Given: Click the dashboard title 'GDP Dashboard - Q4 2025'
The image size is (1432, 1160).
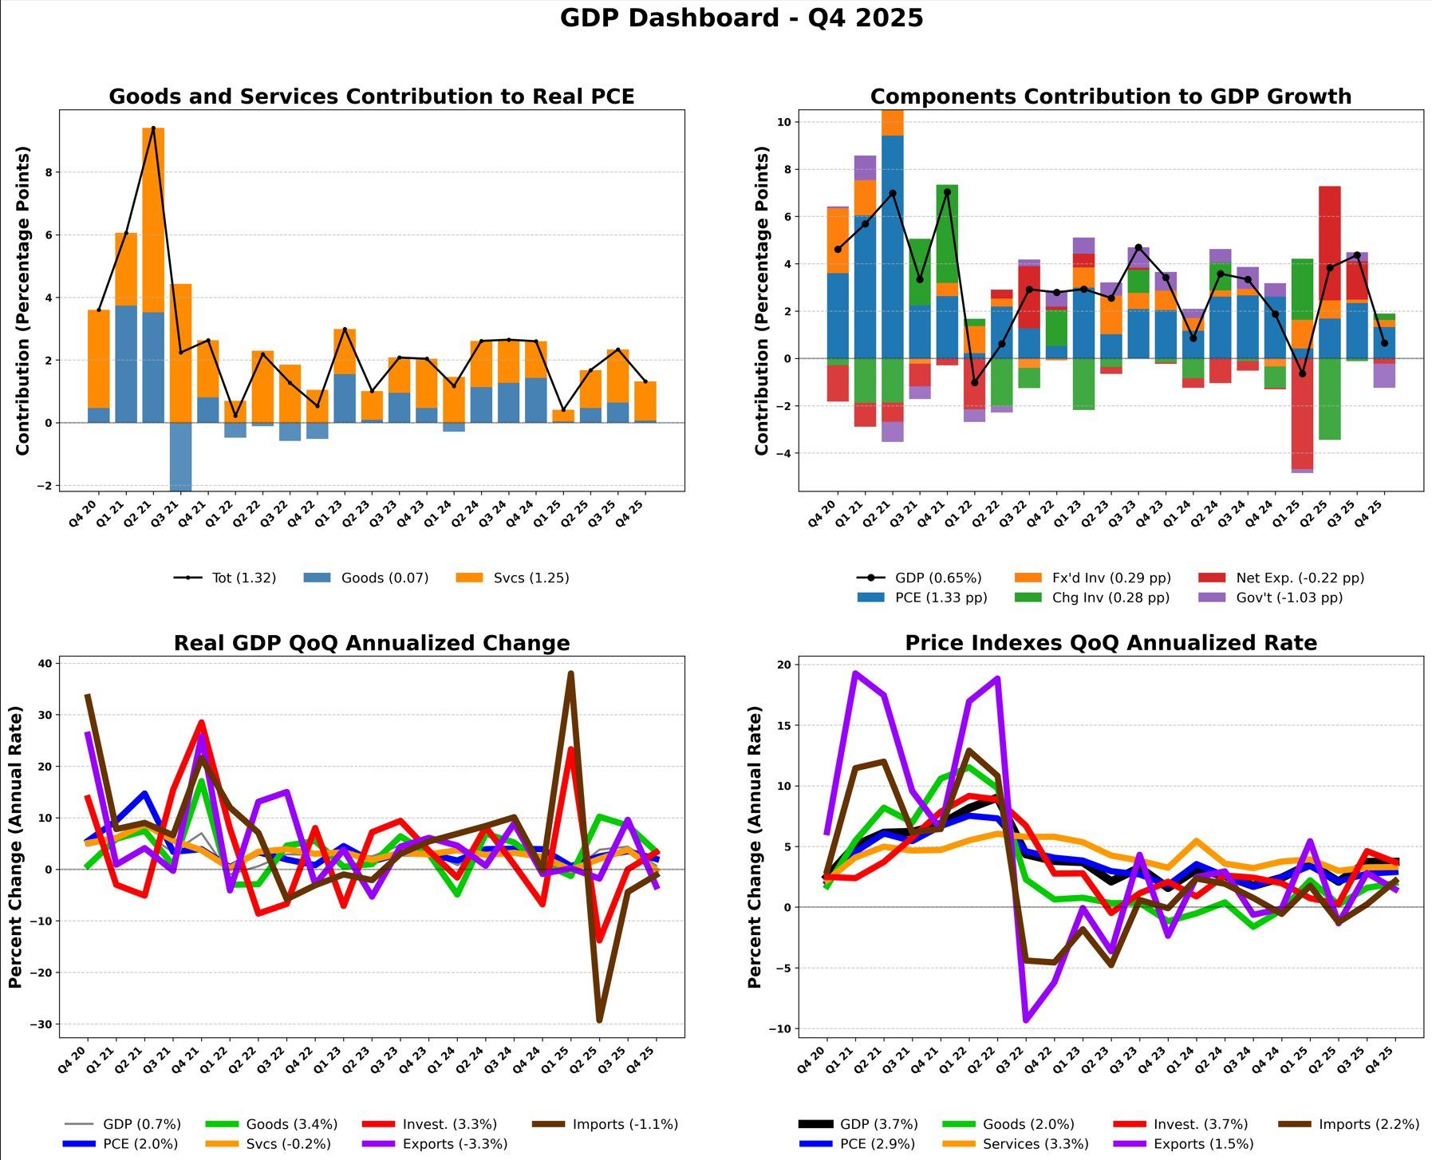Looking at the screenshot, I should [741, 18].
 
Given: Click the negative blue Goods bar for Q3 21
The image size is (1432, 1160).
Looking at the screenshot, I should [180, 455].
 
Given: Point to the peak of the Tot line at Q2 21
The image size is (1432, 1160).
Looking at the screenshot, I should [153, 128].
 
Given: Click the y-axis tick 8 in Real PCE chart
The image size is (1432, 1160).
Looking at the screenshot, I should [49, 172].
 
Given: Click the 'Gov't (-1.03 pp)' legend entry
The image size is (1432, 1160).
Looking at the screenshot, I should [1288, 598].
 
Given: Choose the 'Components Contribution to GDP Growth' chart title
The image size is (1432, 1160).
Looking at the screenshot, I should [1110, 97].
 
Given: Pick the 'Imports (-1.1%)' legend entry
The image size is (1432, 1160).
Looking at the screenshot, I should [625, 1124].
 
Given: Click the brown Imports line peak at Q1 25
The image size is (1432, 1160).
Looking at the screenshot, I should [571, 674].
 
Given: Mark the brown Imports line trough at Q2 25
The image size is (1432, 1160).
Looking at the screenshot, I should [599, 1020].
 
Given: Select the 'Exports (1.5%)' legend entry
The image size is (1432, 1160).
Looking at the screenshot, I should [1203, 1144].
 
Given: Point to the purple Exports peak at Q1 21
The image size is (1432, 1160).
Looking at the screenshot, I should [855, 673].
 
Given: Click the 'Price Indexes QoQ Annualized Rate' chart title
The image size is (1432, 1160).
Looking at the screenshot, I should [1110, 643].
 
